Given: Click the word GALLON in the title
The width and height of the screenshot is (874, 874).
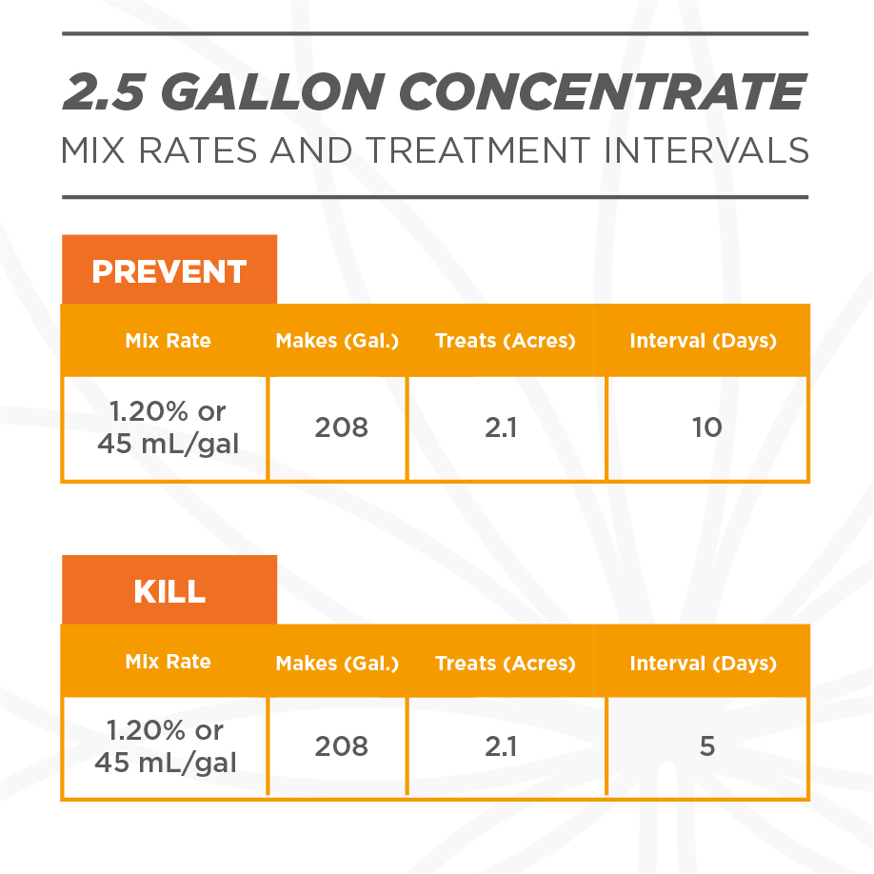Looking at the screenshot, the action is (272, 91).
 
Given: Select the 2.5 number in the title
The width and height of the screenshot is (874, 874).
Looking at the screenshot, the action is (104, 91).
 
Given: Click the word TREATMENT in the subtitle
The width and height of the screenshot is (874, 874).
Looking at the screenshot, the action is (478, 149).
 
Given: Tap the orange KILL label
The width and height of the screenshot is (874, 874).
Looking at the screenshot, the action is (169, 590).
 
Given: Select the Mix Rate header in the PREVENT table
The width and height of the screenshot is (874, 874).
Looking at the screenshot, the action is (168, 340).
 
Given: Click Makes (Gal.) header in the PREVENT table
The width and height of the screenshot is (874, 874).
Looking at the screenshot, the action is (337, 341).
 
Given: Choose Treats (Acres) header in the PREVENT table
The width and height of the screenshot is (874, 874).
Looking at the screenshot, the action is (505, 341).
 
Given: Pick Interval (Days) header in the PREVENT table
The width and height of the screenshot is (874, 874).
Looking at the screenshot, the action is (703, 341).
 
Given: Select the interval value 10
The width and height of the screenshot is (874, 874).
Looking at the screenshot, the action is (706, 427).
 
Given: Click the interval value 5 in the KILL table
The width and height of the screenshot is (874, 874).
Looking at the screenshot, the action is (706, 745).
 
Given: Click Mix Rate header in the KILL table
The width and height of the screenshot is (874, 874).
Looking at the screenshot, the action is (168, 661).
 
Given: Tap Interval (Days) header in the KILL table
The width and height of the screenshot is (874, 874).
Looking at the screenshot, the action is (703, 664).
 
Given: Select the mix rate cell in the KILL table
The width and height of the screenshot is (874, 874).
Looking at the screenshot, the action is (165, 747).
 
